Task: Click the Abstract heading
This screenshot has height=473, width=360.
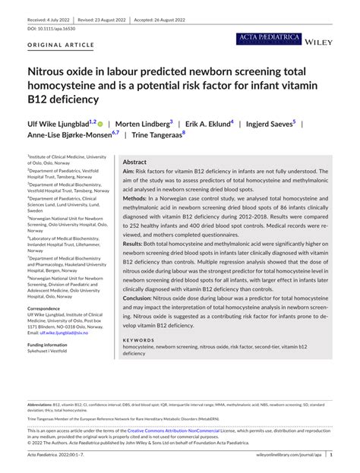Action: [134, 162]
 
